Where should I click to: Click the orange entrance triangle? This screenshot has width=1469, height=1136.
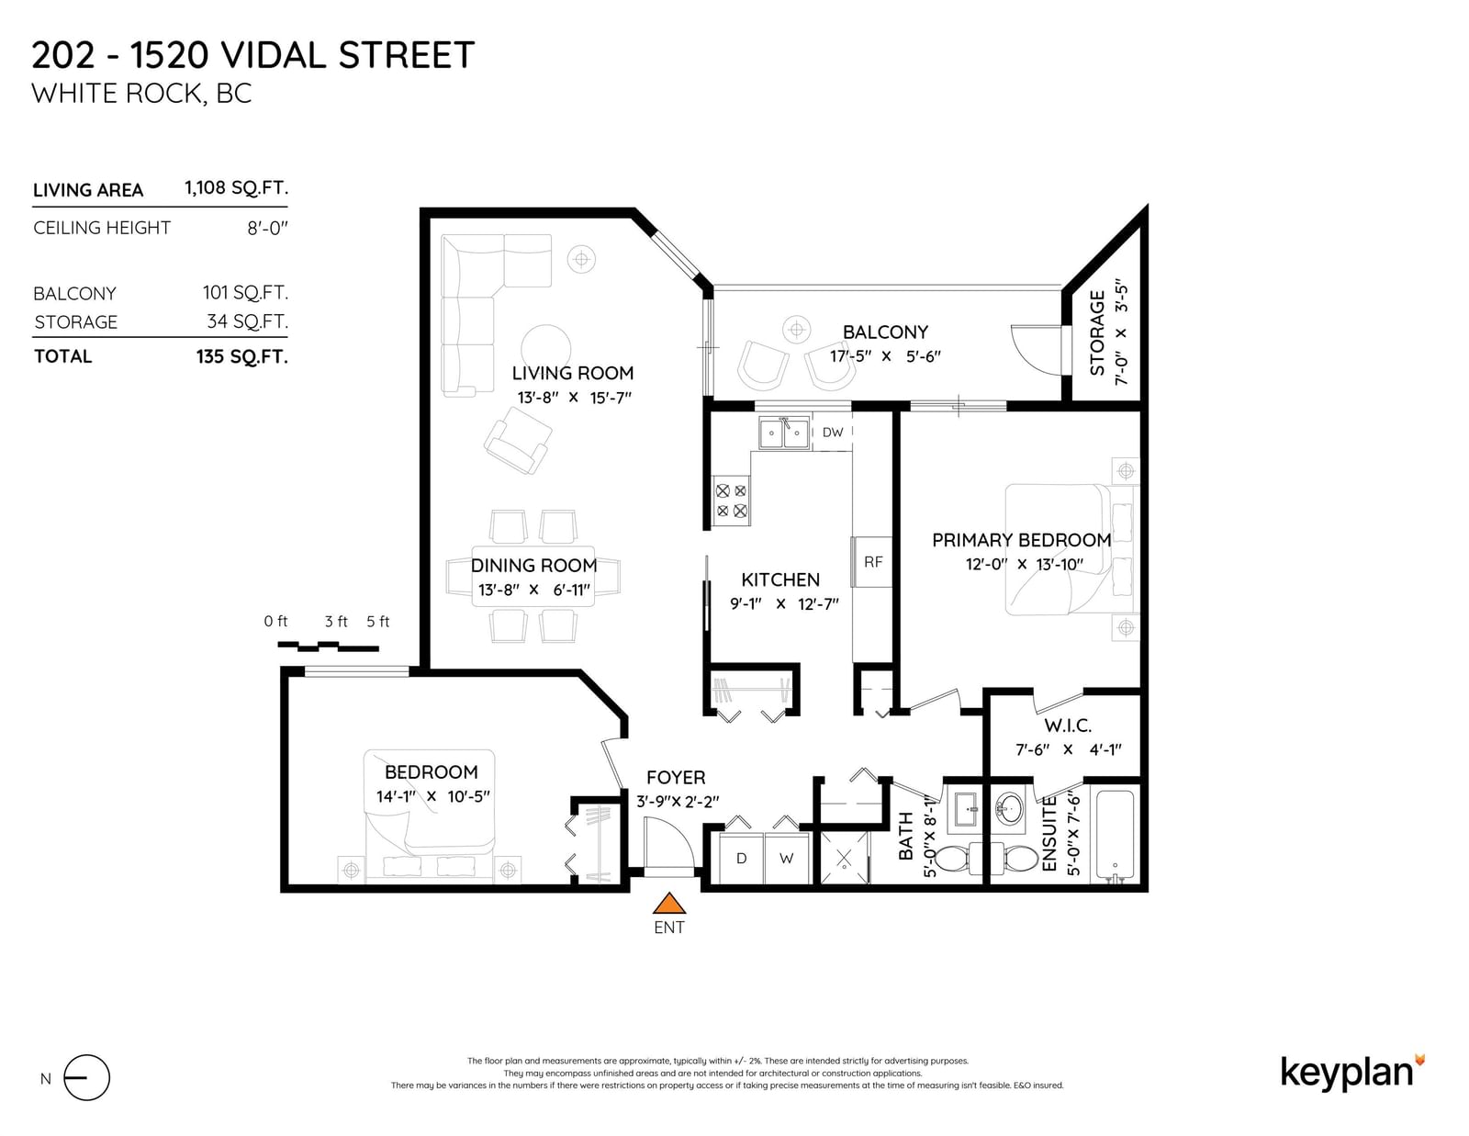668,904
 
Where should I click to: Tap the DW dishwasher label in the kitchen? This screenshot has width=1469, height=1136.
832,433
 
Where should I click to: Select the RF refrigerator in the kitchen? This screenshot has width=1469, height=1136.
872,561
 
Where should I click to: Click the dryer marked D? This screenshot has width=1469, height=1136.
741,859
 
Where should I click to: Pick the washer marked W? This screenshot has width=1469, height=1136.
786,859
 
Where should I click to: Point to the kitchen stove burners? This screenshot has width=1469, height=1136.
732,501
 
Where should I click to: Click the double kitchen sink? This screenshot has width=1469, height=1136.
783,433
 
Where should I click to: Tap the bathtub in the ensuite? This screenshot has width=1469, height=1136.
1114,837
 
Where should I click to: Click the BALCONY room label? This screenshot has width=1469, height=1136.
885,332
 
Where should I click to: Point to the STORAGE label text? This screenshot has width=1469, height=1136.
1097,332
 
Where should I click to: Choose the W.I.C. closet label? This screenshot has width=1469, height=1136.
1068,725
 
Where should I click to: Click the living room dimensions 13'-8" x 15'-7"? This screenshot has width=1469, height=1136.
574,398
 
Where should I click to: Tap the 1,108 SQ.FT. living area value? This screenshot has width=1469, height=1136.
236,187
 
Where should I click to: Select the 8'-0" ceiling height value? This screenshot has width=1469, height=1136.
267,228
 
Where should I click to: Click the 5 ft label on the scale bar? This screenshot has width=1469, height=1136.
378,622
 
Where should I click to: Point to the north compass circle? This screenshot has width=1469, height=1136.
86,1078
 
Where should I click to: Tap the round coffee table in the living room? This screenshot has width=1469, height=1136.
544,350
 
